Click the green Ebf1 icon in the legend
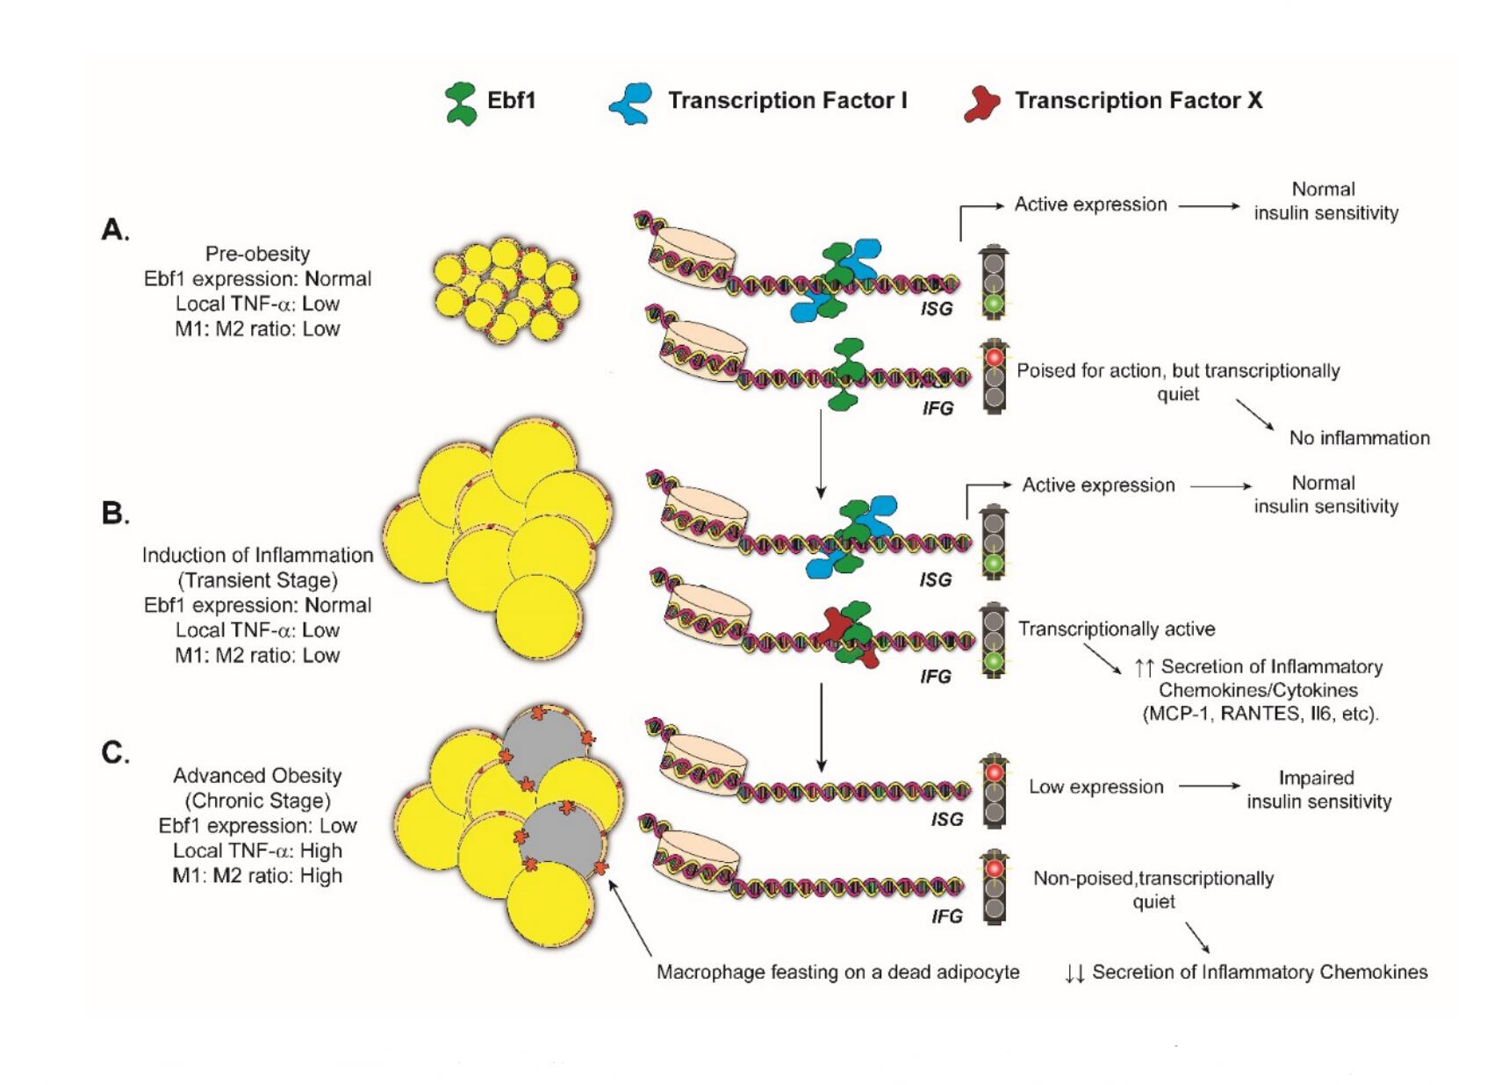(461, 104)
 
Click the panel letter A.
(115, 230)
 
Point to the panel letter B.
(115, 513)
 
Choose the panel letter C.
(115, 752)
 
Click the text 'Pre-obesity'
(257, 254)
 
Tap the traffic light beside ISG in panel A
(993, 281)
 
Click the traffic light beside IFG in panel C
(994, 887)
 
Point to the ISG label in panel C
(946, 819)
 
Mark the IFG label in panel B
(935, 676)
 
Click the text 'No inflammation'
(1359, 437)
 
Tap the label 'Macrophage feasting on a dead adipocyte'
(837, 972)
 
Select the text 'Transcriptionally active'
(1116, 629)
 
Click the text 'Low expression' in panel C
(1095, 787)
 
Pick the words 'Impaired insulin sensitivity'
(1318, 789)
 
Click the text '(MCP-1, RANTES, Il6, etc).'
(1260, 714)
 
